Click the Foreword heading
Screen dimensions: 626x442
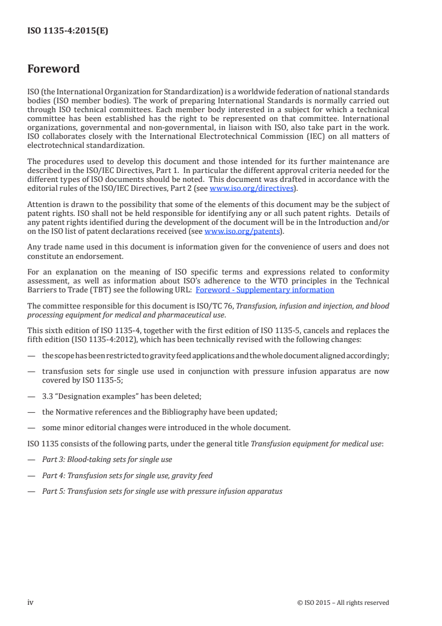click(x=54, y=69)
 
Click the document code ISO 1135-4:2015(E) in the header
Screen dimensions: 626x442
click(x=67, y=31)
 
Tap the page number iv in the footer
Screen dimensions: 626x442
click(x=31, y=602)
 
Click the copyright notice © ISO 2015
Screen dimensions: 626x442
click(x=343, y=603)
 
